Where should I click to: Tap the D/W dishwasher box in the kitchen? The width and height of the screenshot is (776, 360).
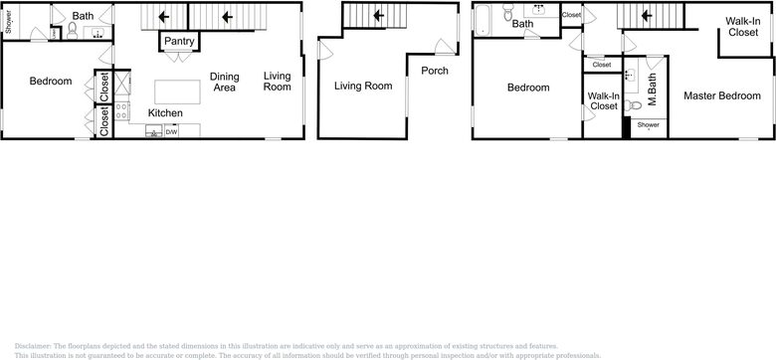point(171,131)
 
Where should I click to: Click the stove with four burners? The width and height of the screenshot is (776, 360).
point(121,110)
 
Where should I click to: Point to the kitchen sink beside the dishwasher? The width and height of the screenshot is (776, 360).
point(153,131)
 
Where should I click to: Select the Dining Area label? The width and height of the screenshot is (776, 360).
point(223,82)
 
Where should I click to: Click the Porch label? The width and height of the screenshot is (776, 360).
point(434,71)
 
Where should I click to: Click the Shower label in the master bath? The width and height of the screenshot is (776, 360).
point(648,125)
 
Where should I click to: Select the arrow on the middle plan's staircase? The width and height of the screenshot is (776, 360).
point(376,16)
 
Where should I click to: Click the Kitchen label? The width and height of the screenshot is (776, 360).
point(165,113)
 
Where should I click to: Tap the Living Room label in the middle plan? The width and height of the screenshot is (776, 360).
point(361,87)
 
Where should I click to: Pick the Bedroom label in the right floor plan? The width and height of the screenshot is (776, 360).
point(527,88)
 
